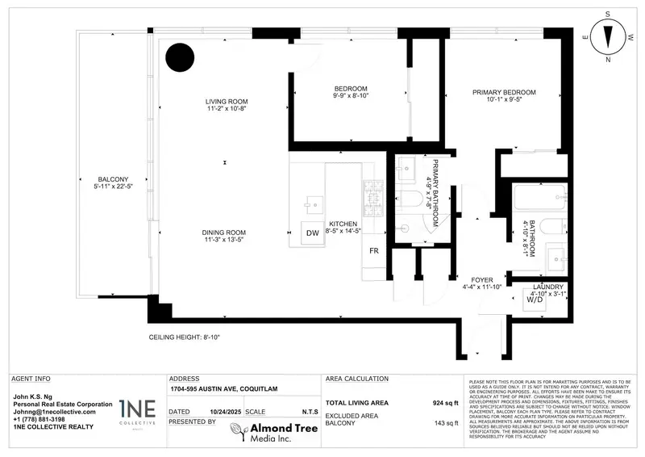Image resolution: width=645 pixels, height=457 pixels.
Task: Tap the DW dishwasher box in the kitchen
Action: pos(312,233)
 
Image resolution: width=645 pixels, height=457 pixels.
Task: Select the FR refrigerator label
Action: pos(374,251)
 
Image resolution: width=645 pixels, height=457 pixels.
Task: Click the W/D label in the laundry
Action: pos(534,299)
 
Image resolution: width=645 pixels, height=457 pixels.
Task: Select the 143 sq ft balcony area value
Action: pos(443,422)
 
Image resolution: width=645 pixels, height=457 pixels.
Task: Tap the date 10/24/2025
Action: pos(225,411)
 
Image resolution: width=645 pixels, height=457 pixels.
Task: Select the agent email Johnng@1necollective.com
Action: pos(55,412)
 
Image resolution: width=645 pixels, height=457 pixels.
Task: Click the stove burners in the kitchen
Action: pos(375,193)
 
